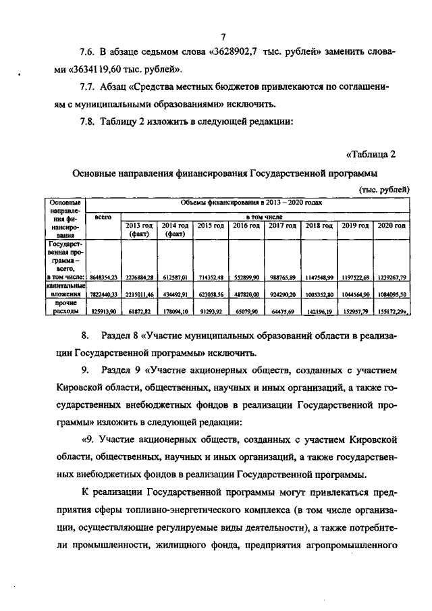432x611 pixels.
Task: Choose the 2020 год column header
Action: [391, 225]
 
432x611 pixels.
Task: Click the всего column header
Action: [103, 217]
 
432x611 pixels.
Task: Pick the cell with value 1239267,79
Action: [391, 277]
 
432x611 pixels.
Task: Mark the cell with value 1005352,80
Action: [319, 294]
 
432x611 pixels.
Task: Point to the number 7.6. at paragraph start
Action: [90, 53]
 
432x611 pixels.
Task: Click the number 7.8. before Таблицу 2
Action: [90, 122]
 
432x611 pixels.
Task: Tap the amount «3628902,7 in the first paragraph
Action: [236, 53]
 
